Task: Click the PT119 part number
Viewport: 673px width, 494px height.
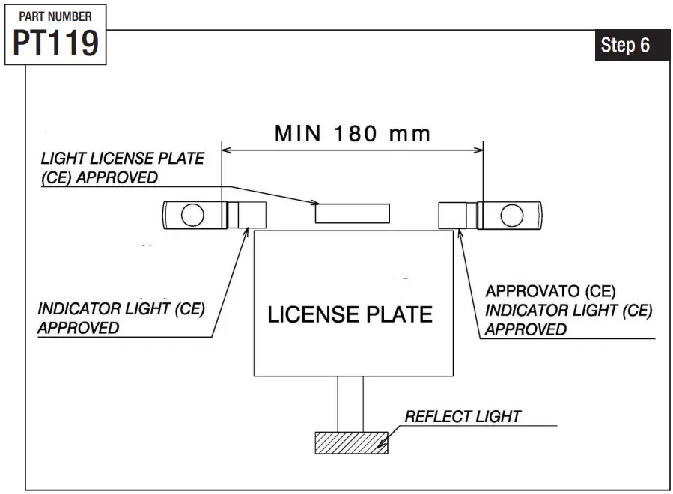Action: click(55, 43)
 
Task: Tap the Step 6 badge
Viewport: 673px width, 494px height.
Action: click(624, 46)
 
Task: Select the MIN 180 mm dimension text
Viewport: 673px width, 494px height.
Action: click(353, 134)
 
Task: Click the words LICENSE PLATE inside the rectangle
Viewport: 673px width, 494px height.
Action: click(350, 314)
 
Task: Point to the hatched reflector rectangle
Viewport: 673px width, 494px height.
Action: click(350, 442)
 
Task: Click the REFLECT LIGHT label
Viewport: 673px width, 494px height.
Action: click(463, 416)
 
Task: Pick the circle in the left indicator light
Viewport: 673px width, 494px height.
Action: click(192, 215)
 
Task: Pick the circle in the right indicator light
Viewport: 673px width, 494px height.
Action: click(512, 215)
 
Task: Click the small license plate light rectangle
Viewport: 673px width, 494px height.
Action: click(352, 213)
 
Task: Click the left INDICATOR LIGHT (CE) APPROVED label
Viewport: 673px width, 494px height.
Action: click(121, 318)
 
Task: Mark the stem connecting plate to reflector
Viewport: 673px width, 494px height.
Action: click(350, 403)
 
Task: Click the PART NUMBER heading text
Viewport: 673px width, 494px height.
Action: click(55, 16)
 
